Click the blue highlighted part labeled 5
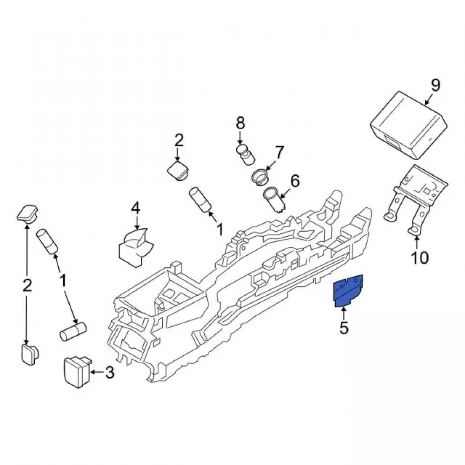point(348,291)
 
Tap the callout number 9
point(435,86)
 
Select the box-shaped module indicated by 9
point(409,126)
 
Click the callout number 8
point(240,123)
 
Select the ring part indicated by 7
point(261,177)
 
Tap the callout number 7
point(279,152)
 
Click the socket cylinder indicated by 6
point(275,200)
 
